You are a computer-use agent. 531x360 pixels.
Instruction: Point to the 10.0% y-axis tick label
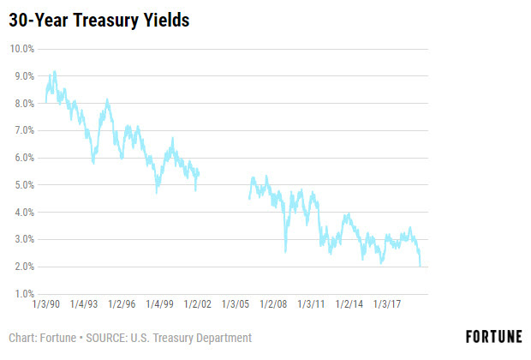coord(21,49)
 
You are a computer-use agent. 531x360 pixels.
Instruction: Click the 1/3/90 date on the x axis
coord(45,304)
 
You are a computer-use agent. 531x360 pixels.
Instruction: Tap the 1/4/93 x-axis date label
coord(84,304)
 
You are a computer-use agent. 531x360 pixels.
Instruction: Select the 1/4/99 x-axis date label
coord(159,304)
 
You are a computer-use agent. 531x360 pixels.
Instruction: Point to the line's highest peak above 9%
coord(55,71)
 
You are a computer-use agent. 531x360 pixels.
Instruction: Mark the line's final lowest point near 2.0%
coord(420,266)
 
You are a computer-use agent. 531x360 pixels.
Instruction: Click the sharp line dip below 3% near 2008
coord(285,251)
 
